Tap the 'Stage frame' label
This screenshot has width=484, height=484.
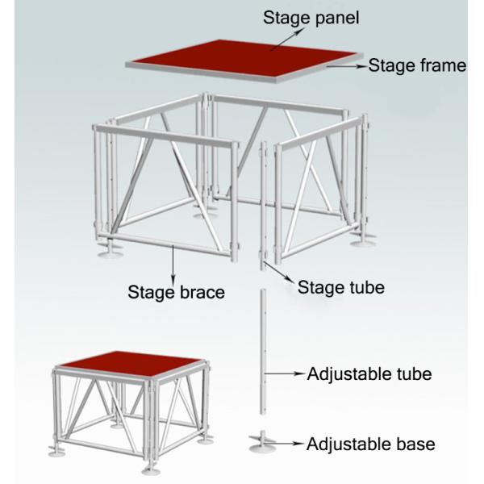[417, 66]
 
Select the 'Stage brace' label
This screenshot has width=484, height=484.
[176, 292]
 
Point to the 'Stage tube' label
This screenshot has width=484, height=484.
[341, 287]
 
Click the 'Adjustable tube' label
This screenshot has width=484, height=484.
[369, 373]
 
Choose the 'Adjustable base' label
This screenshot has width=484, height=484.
[370, 444]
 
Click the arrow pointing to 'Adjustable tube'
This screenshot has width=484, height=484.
[286, 373]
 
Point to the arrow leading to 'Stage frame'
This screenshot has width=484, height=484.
[347, 68]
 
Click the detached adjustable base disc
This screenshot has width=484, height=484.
[264, 440]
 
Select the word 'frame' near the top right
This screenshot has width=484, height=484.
[441, 66]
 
